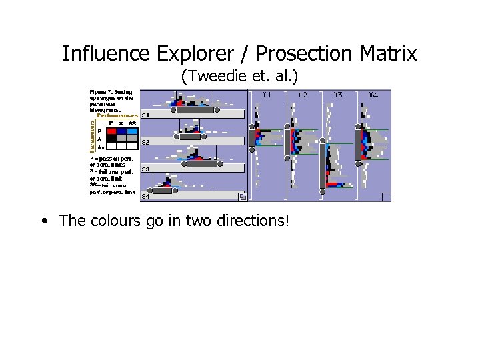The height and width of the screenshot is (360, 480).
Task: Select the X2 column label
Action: [x=302, y=95]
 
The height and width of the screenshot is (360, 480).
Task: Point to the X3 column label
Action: [x=337, y=95]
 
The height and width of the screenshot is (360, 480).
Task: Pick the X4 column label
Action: [x=373, y=95]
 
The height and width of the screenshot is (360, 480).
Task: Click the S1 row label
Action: [x=145, y=116]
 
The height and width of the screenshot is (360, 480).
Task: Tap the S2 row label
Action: [x=145, y=143]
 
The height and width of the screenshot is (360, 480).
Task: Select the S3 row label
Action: [x=145, y=169]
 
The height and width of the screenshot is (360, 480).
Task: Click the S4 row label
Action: [x=145, y=196]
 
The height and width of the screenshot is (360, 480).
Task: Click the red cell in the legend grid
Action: [x=111, y=131]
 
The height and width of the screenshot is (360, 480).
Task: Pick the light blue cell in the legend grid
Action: [x=132, y=131]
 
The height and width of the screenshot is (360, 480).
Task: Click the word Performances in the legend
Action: [x=117, y=115]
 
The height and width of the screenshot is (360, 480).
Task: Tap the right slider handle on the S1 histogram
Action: [x=217, y=111]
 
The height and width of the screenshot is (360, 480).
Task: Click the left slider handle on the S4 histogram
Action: [x=148, y=191]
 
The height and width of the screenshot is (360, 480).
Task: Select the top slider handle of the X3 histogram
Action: [x=323, y=141]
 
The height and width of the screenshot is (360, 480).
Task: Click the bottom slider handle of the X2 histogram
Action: [x=287, y=157]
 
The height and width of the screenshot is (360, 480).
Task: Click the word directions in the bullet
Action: [x=247, y=221]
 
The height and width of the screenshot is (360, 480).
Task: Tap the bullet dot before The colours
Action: [x=43, y=221]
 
